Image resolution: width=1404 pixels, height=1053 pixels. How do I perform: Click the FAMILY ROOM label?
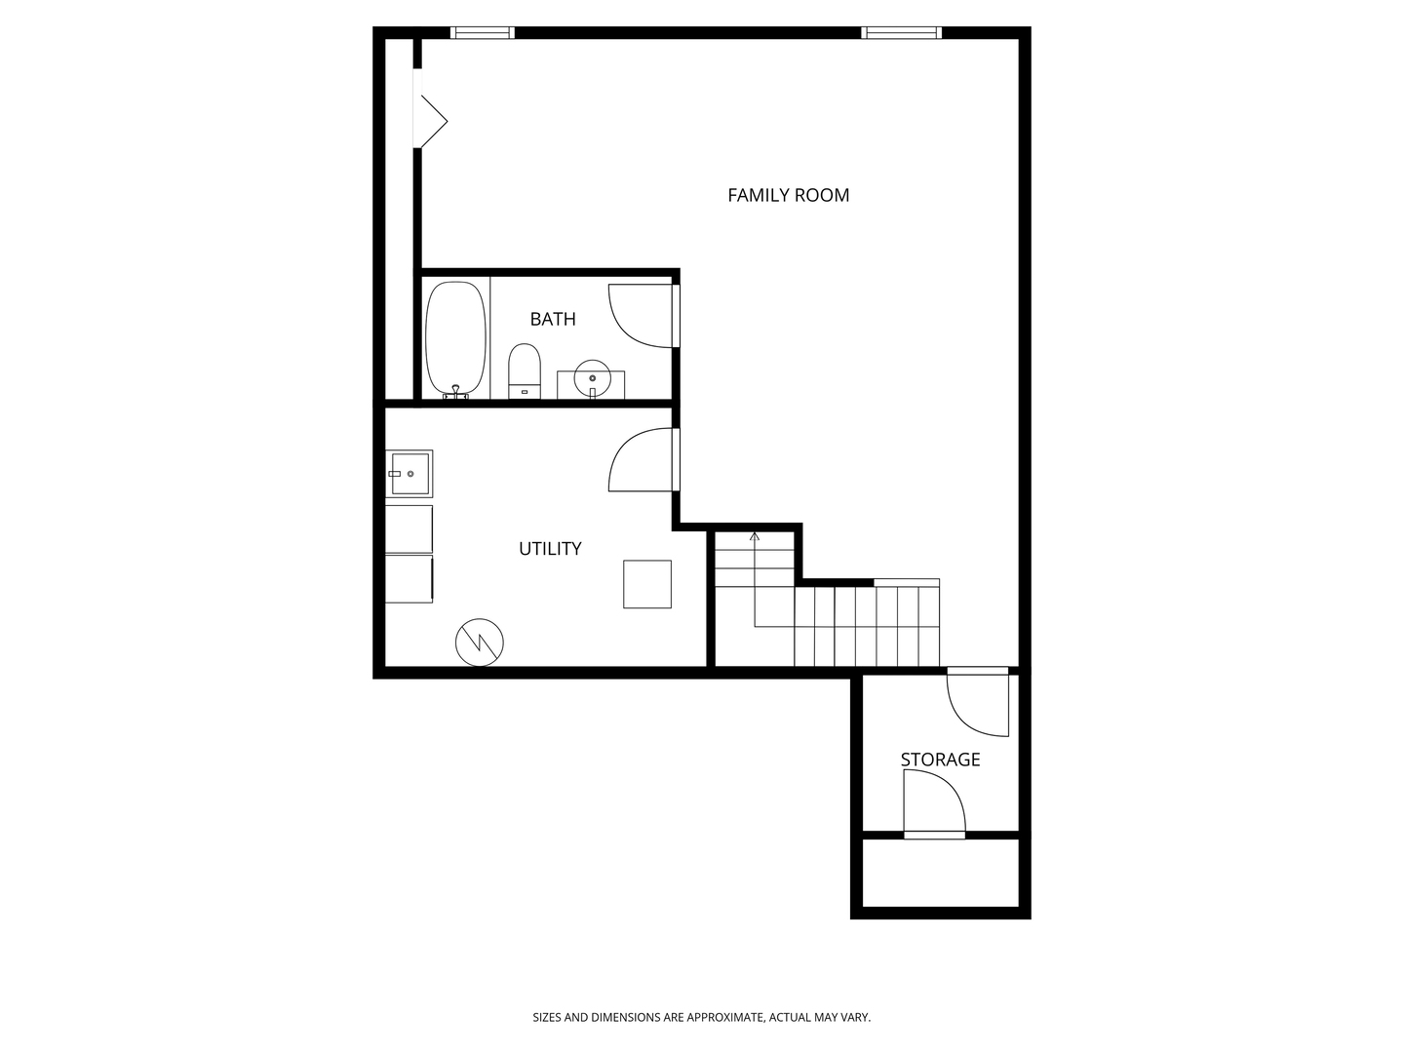coord(788,195)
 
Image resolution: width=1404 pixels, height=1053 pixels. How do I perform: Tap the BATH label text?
coord(553,319)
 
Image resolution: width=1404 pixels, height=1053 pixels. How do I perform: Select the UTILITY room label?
coord(550,549)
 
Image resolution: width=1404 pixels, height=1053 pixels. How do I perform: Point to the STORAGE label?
coord(940,760)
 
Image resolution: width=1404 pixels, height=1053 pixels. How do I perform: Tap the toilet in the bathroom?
coord(525,370)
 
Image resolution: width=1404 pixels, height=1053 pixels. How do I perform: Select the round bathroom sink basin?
coord(592,375)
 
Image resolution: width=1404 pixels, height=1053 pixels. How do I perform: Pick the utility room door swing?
coord(637,460)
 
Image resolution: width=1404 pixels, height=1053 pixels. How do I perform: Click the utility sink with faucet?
coord(409,474)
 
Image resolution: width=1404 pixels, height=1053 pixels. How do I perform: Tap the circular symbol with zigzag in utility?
coord(480,642)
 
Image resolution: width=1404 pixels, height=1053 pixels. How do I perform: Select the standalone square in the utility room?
coord(647,584)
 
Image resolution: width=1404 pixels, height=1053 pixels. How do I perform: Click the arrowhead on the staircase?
coord(755,536)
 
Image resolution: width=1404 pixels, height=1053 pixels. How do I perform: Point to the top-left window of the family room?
coord(483,33)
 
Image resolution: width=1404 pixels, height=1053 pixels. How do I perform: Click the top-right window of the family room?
coord(902,33)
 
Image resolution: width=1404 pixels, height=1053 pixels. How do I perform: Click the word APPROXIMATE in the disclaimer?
coord(723,1018)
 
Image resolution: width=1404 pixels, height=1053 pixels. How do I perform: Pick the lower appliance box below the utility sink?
coord(409,579)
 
